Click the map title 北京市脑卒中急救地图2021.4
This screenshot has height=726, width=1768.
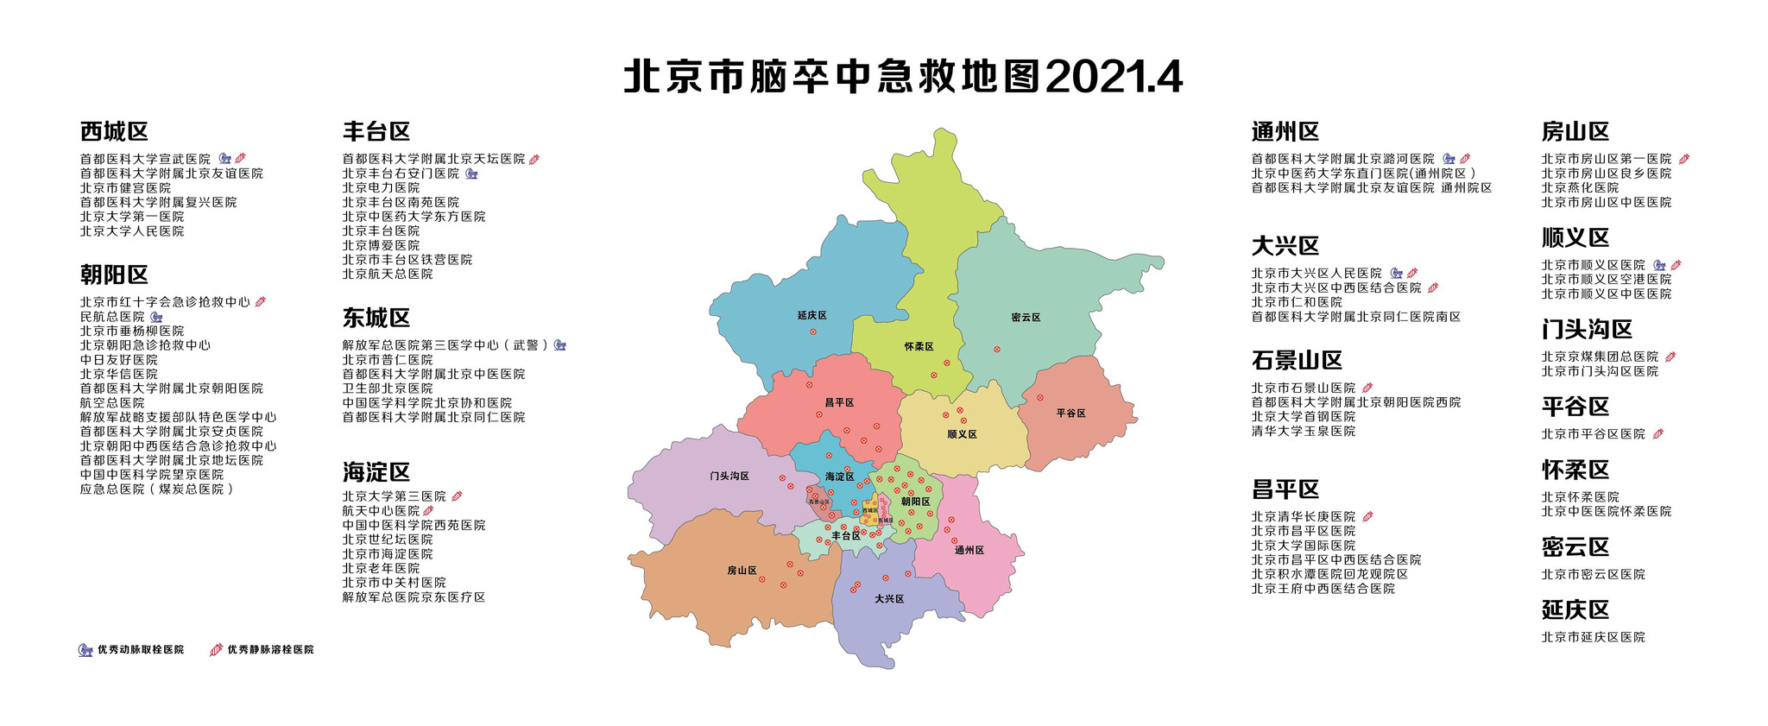tap(902, 78)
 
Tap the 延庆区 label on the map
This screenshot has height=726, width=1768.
tap(811, 316)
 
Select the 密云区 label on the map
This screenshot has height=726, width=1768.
tap(1026, 318)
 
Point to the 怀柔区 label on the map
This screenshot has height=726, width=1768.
tap(919, 347)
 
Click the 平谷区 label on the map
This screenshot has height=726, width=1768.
tap(1070, 414)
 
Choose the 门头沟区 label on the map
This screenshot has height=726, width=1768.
tap(729, 477)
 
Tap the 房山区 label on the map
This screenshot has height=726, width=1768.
tap(742, 571)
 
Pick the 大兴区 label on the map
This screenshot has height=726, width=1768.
tap(888, 599)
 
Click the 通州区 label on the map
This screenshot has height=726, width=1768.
tap(969, 551)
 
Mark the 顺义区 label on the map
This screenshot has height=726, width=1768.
tap(962, 434)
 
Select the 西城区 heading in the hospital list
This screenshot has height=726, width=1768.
tap(114, 132)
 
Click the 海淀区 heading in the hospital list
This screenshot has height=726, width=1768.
tap(376, 472)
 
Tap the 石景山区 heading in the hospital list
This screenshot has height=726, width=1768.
tap(1297, 361)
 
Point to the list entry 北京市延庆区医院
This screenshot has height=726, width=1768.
tap(1593, 637)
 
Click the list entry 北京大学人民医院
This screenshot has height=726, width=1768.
tap(132, 231)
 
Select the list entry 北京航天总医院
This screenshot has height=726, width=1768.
tap(388, 274)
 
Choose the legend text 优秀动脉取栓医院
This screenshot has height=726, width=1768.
tap(140, 649)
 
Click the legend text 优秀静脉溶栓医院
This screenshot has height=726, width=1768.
tap(270, 649)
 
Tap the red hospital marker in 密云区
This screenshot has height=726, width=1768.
tap(996, 350)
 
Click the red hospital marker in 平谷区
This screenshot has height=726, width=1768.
tap(1039, 398)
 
